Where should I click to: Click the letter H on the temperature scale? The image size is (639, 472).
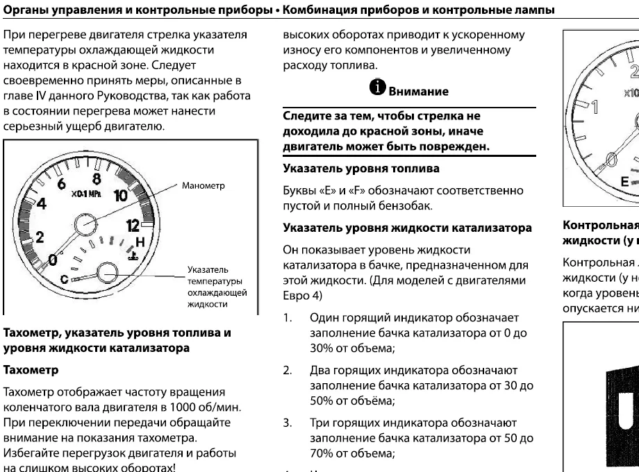click(141, 243)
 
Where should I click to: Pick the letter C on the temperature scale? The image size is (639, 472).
click(65, 278)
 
